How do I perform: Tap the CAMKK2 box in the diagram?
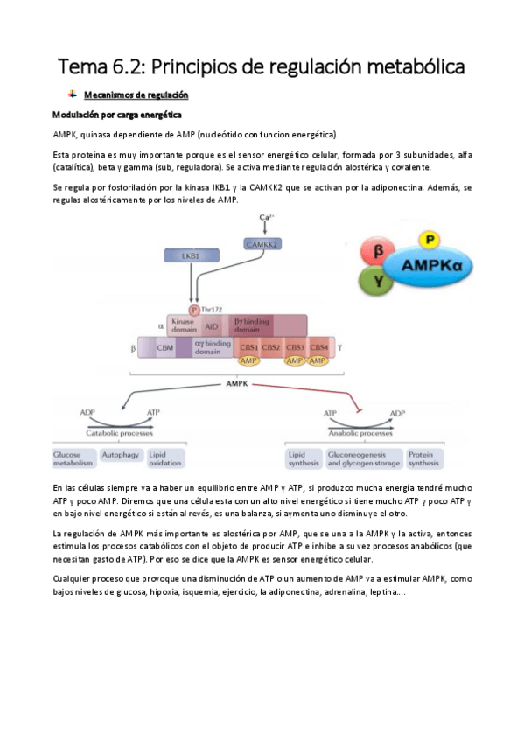[x=265, y=243]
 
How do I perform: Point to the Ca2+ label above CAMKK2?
[x=266, y=217]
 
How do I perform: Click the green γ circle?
[x=377, y=281]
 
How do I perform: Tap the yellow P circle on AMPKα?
[x=429, y=239]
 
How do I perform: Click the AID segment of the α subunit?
[x=212, y=325]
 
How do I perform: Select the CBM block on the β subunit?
[x=164, y=347]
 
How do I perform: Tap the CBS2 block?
[x=270, y=347]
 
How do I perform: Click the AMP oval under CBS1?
[x=248, y=360]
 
